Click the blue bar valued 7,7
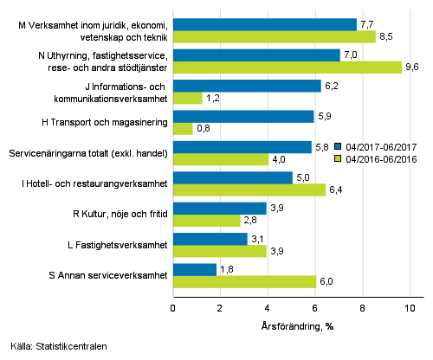tap(264, 25)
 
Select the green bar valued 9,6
tap(287, 67)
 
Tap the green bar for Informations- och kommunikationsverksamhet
tap(187, 98)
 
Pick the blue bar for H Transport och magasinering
tap(242, 116)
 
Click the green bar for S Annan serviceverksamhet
tap(244, 281)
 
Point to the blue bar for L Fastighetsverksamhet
tap(210, 239)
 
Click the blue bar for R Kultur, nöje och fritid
tap(219, 209)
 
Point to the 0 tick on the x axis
tap(173, 308)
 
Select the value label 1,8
tap(227, 269)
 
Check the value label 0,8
tap(204, 129)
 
